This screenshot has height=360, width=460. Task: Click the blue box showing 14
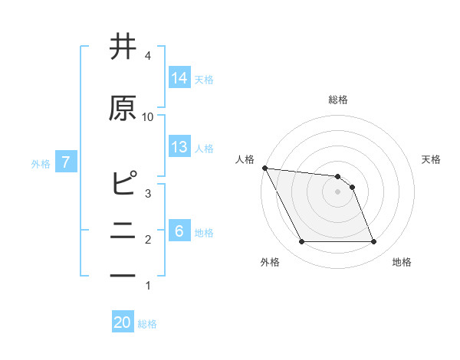click(179, 78)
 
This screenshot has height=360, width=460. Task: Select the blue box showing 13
click(179, 147)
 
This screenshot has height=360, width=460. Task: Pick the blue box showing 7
click(66, 162)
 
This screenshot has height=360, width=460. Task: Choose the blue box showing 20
click(123, 322)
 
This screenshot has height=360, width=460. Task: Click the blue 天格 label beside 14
click(204, 79)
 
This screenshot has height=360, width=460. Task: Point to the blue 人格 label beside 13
click(204, 148)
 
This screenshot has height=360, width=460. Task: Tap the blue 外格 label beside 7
click(41, 163)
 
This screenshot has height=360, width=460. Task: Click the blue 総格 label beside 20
click(147, 324)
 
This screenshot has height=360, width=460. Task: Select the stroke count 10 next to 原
click(148, 116)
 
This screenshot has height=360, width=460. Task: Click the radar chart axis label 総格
click(337, 100)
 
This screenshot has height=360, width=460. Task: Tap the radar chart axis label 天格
click(432, 159)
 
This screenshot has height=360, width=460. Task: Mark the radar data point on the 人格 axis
click(264, 168)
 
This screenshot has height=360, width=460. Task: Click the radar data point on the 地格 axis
click(373, 242)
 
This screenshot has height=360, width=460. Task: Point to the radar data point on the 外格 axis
click(301, 242)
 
